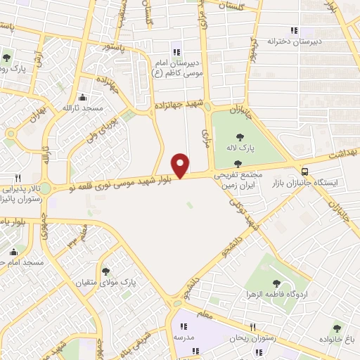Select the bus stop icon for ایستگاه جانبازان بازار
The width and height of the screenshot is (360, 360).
coord(304,171)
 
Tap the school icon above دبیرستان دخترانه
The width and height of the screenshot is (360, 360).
coord(294,30)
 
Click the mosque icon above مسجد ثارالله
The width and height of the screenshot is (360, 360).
coord(83,97)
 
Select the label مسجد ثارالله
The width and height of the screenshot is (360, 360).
coord(83,108)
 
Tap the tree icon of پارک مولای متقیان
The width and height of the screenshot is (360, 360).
coord(105,271)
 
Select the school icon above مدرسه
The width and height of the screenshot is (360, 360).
coord(183,326)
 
